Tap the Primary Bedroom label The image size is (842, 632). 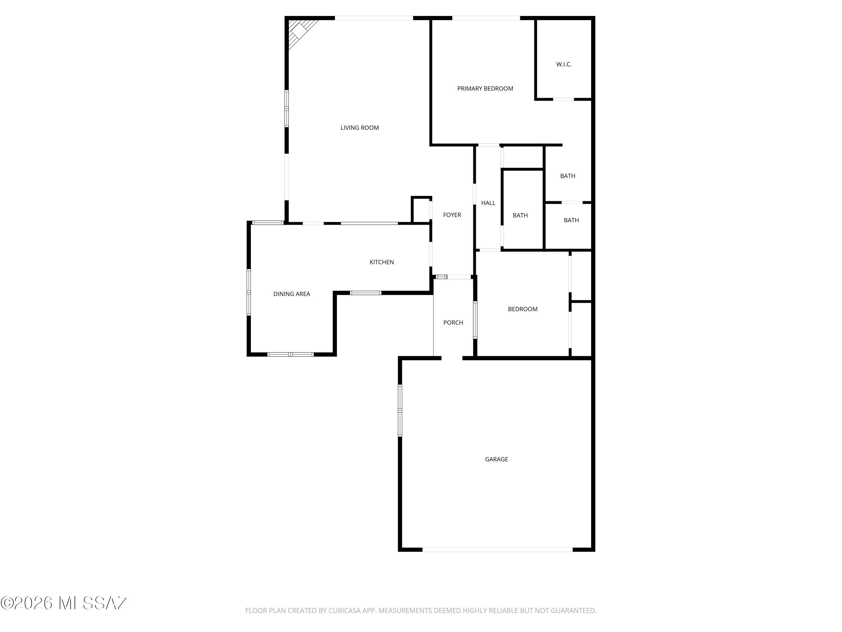(x=485, y=88)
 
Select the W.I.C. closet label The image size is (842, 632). (x=564, y=64)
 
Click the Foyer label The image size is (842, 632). (x=452, y=215)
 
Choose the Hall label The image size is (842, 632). (x=488, y=203)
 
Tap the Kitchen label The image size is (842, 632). (x=381, y=262)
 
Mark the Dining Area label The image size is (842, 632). (x=292, y=294)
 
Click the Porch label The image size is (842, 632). (x=453, y=323)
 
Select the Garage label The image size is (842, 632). (x=496, y=460)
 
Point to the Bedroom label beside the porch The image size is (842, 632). (x=523, y=309)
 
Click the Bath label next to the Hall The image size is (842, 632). (x=520, y=215)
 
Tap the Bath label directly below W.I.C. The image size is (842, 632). (x=568, y=176)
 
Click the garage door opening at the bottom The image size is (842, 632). (x=498, y=550)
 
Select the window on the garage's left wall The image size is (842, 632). (x=400, y=410)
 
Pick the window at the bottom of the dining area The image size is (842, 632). (x=290, y=355)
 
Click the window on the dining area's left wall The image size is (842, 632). (x=249, y=292)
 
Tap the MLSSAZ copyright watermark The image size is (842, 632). (x=64, y=603)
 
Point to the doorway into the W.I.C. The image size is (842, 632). (x=563, y=99)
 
